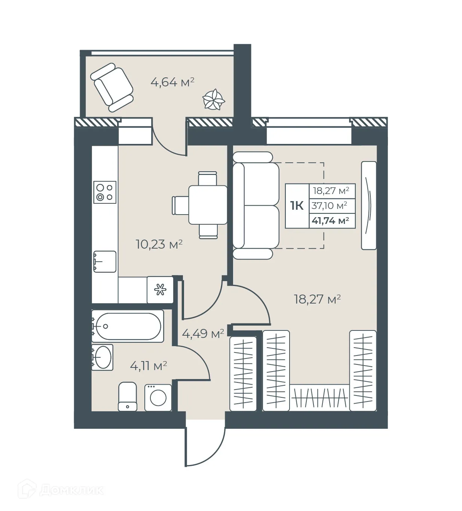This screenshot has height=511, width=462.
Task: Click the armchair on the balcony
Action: point(112,87)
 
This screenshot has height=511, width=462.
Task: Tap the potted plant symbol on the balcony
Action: point(214,99)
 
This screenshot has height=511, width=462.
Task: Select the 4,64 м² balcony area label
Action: point(172,82)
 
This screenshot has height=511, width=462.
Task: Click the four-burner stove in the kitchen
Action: point(105,192)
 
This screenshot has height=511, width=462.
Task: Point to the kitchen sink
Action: point(104,261)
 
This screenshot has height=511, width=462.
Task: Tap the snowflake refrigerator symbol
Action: point(160,290)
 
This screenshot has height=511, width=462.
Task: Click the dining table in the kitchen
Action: point(208,205)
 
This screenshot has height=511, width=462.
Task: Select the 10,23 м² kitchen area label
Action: point(159,244)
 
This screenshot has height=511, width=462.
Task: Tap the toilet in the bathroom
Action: point(127,396)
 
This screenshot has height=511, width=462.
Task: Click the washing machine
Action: point(158,398)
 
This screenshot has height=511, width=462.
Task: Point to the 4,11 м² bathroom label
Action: point(149,366)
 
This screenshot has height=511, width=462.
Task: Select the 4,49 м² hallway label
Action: point(203,333)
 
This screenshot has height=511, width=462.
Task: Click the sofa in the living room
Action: point(256,205)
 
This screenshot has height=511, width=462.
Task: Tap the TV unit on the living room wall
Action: point(368,205)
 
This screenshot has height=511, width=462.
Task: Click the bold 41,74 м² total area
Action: point(330,221)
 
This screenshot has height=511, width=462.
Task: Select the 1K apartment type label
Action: point(297,206)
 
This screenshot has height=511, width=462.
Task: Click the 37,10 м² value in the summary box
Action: point(330,206)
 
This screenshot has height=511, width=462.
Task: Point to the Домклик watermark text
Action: point(71,490)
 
